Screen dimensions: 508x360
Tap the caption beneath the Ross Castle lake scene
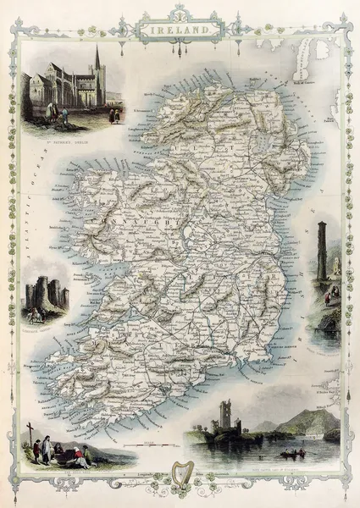point(268,465)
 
